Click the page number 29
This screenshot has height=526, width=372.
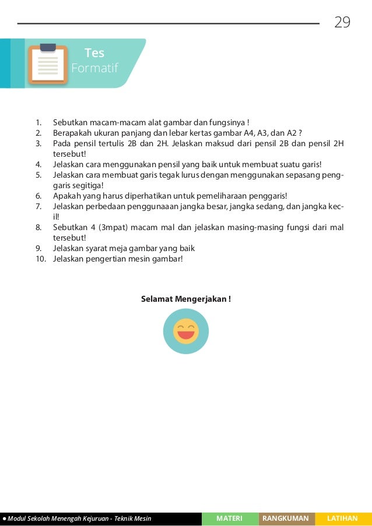tap(342, 23)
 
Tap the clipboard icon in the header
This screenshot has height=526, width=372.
tap(48, 63)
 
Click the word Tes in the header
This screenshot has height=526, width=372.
tap(94, 53)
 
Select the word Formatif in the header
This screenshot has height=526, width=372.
tap(94, 69)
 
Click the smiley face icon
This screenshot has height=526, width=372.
tap(186, 331)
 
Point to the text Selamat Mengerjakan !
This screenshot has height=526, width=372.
tap(186, 299)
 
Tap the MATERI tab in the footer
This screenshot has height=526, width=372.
tap(229, 518)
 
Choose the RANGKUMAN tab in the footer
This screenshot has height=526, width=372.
tap(286, 518)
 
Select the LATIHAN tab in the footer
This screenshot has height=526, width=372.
tap(343, 518)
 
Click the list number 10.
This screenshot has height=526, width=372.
tap(40, 259)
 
